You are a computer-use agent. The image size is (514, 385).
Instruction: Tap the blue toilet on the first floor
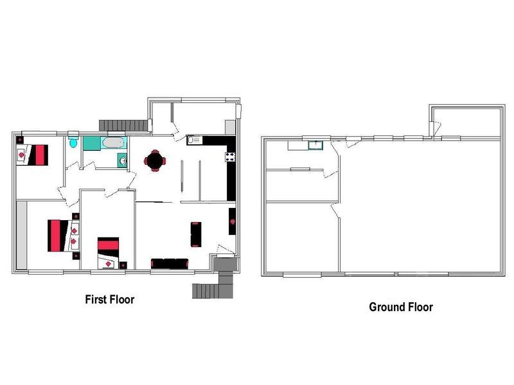pos(75,144)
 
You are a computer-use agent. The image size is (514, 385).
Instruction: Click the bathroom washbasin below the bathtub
pos(122,160)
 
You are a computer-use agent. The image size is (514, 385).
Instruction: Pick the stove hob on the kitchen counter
pos(229,156)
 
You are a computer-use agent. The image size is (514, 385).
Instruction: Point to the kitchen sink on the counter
pos(194,139)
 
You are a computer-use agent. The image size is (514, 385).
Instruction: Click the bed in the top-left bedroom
pos(37,155)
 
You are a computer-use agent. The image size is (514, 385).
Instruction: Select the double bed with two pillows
pos(57,235)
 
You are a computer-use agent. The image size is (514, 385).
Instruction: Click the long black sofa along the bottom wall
pos(170,263)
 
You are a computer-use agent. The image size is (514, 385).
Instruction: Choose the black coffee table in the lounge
pos(196,234)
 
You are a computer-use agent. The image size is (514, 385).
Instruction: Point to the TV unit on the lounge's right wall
pos(232,221)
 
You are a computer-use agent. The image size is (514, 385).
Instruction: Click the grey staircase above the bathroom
pos(122,123)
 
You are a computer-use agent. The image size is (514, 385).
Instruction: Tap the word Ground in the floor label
pos(387,307)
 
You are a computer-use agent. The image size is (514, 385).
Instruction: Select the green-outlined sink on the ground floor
pos(315,145)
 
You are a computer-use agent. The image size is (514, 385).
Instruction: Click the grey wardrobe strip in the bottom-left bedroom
pos(21,234)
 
